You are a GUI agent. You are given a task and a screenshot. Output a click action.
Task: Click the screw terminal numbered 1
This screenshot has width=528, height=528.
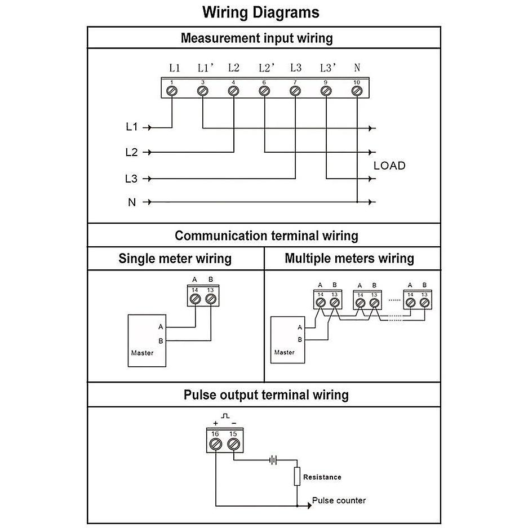tap(172, 91)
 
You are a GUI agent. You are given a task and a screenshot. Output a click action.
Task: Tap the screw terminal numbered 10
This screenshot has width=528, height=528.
tap(357, 91)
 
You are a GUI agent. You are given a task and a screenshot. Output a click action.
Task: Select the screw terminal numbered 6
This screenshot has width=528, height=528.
tap(264, 91)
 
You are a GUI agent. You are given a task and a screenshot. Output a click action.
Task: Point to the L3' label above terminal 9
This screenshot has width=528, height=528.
tap(328, 68)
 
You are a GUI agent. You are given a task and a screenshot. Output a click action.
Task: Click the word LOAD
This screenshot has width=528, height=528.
tap(389, 166)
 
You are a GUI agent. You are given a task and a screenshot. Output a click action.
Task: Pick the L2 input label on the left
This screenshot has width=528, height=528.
tap(132, 152)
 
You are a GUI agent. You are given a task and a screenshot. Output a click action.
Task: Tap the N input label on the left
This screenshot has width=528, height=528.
tap(132, 202)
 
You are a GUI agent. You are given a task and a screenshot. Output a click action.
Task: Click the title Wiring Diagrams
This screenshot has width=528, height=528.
tap(261, 12)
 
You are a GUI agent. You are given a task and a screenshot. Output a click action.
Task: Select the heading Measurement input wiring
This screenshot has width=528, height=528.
tap(257, 38)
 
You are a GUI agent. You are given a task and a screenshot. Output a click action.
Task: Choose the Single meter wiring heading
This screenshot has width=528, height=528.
tap(175, 259)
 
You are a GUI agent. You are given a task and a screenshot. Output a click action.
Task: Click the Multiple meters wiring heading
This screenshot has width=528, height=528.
tap(349, 258)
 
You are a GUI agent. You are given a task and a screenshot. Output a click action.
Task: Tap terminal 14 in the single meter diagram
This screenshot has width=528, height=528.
tap(196, 299)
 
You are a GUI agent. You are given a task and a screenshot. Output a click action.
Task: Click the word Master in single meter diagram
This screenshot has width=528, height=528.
tap(142, 353)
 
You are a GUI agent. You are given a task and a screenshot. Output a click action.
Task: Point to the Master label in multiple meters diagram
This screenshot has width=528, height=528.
tap(284, 352)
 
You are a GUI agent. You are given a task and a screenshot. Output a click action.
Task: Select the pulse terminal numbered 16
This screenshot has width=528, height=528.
tap(215, 444)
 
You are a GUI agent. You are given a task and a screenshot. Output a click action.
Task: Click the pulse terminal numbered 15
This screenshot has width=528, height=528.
tap(233, 444)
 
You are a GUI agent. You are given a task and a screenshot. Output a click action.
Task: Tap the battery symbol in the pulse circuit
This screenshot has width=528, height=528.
tap(273, 460)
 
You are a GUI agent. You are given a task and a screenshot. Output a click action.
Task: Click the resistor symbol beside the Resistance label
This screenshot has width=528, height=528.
tap(297, 476)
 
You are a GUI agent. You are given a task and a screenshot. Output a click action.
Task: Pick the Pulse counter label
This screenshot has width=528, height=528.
tap(339, 500)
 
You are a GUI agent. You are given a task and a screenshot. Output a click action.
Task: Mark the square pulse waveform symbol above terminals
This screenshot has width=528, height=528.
tap(225, 416)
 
